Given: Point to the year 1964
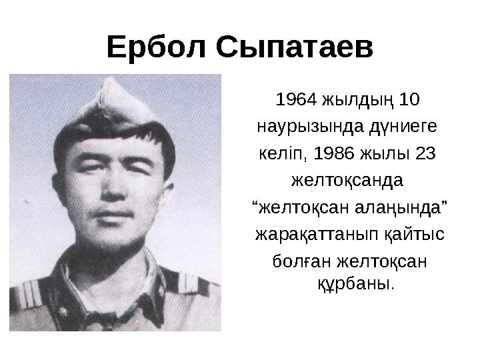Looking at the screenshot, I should point(296,101).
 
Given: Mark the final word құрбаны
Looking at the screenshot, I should point(353,283).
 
